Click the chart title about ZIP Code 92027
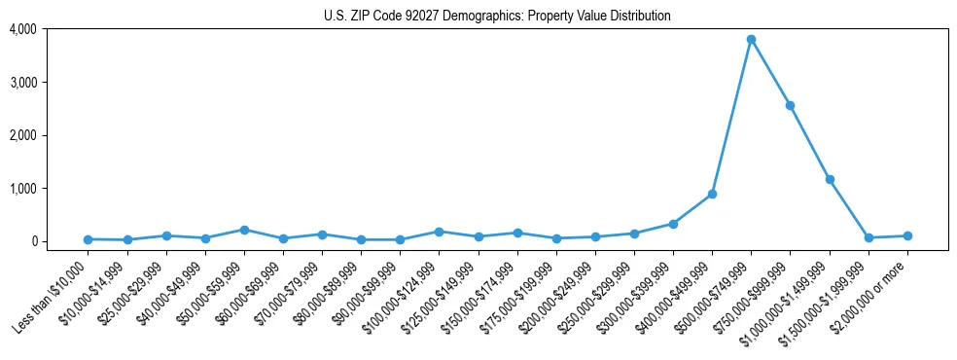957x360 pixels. pyautogui.click(x=497, y=16)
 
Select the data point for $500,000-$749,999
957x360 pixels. pyautogui.click(x=751, y=39)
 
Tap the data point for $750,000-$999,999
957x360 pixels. pyautogui.click(x=790, y=105)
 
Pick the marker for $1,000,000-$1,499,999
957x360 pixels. pyautogui.click(x=830, y=179)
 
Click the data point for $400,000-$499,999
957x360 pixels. pyautogui.click(x=712, y=194)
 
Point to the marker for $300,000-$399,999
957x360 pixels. pyautogui.click(x=673, y=224)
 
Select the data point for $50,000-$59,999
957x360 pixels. pyautogui.click(x=244, y=230)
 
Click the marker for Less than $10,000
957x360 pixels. pyautogui.click(x=89, y=239)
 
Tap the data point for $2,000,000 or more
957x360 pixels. pyautogui.click(x=907, y=235)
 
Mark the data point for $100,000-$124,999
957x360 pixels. pyautogui.click(x=440, y=232)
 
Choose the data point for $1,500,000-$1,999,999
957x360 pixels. pyautogui.click(x=868, y=237)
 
